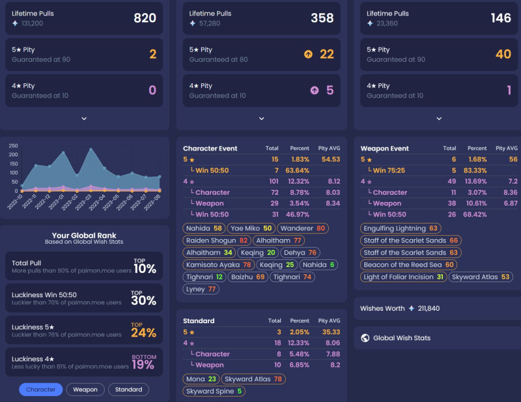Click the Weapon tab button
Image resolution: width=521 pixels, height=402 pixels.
click(85, 390)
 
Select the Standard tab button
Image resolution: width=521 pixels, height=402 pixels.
click(128, 390)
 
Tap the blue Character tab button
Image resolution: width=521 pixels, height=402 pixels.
click(41, 390)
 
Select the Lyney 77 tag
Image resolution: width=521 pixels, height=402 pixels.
click(202, 289)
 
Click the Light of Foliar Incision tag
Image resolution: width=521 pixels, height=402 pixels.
click(404, 277)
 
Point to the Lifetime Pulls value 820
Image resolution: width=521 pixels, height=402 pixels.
click(145, 18)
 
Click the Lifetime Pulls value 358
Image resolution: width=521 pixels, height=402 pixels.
click(322, 18)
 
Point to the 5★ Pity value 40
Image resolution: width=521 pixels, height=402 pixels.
click(503, 54)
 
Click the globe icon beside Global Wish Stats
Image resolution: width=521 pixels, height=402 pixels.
click(365, 338)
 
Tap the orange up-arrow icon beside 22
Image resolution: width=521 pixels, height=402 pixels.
click(308, 54)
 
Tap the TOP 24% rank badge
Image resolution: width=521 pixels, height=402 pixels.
click(144, 330)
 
